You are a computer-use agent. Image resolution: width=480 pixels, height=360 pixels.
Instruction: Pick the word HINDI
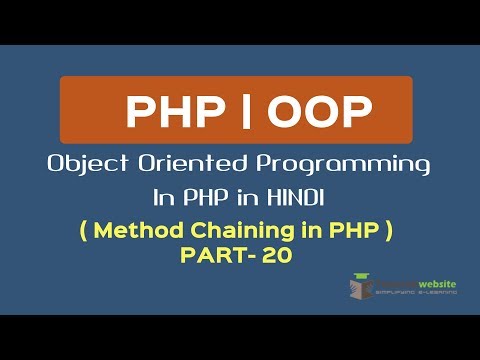tap(304, 194)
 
